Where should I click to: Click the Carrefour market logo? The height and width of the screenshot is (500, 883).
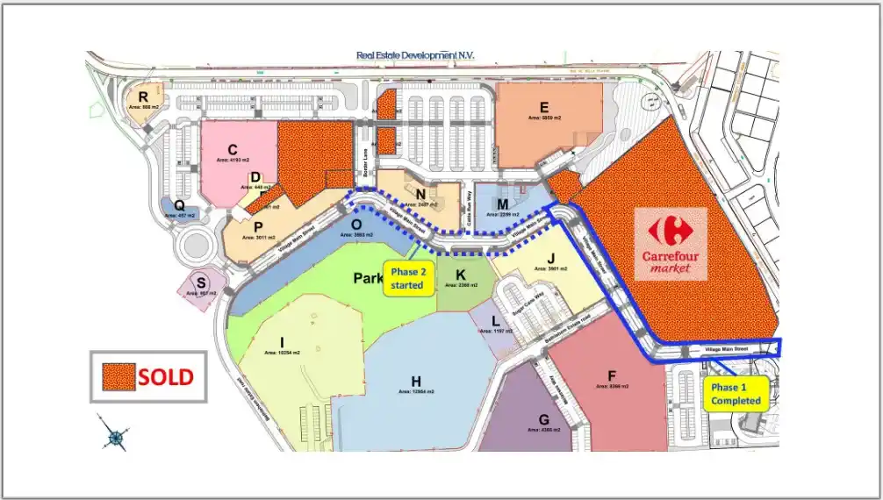(671, 243)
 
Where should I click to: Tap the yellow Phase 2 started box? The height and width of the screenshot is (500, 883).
(407, 278)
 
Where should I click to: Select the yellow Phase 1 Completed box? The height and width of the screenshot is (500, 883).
(736, 394)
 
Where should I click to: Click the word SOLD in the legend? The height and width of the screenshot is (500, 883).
(165, 377)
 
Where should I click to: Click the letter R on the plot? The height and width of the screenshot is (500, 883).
(142, 96)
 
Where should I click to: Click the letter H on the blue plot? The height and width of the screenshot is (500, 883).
(415, 380)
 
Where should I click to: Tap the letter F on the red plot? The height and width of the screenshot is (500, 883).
(612, 374)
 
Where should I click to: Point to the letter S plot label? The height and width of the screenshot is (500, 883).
(202, 282)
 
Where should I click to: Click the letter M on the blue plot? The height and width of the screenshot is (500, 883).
(503, 204)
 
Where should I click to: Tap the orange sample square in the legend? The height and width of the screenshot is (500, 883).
(115, 377)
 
